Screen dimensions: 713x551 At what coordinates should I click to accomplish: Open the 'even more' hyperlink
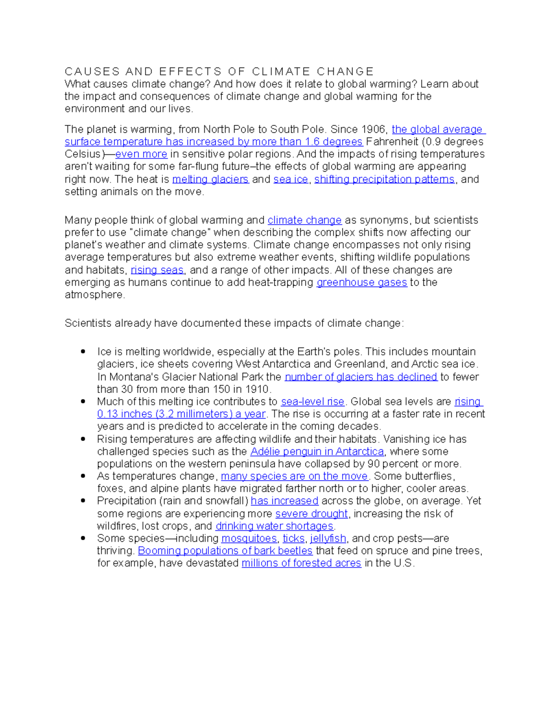coord(141,154)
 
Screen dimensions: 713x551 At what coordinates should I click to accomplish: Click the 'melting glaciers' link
coord(210,179)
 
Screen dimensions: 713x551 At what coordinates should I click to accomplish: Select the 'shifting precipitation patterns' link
coord(384,179)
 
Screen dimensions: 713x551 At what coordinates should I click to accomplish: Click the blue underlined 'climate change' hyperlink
coord(304,220)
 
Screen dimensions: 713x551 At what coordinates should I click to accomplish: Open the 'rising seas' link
coord(157,270)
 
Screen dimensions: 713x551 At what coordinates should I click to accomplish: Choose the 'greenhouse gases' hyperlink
coord(362,282)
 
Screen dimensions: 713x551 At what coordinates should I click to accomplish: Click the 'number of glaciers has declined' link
coord(361,377)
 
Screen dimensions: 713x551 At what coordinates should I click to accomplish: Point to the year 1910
coord(258,389)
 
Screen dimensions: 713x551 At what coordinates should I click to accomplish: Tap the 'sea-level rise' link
coord(313,402)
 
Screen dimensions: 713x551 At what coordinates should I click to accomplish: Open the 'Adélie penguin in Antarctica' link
coord(317,452)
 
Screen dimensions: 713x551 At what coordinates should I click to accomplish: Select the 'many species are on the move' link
coord(294,476)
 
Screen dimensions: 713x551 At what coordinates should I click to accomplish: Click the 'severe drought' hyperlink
coord(311,514)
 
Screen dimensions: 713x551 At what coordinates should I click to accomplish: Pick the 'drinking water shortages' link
coord(274,526)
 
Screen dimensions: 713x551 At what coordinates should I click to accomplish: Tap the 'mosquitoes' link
coord(249,539)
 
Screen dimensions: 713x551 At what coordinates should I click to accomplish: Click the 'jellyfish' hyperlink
coord(328,539)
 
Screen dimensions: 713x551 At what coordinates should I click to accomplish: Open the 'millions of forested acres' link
coord(301,563)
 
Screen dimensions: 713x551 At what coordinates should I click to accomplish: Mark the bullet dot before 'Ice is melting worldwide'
coord(83,352)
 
